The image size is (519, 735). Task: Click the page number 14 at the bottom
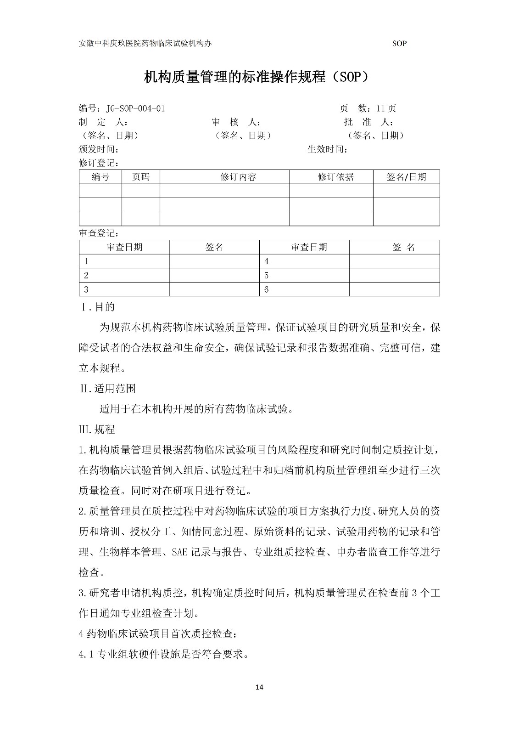[x=259, y=687]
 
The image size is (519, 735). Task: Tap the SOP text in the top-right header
[x=399, y=44]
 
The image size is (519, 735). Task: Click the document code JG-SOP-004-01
[x=135, y=109]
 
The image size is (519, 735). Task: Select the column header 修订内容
[x=238, y=177]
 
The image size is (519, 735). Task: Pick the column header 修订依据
[x=335, y=177]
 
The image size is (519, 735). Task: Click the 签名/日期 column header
[x=406, y=177]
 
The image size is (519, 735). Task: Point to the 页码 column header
[x=140, y=177]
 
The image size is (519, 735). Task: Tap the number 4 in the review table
[x=267, y=261]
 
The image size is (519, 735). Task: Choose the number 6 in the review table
[x=267, y=289]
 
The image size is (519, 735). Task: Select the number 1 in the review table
[x=86, y=261]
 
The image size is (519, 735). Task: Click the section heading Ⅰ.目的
[x=98, y=306]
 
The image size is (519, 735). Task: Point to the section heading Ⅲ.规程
[x=97, y=430]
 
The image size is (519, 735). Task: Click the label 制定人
[x=103, y=122]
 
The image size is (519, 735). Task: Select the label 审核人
[x=236, y=122]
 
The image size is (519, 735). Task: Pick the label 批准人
[x=368, y=122]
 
